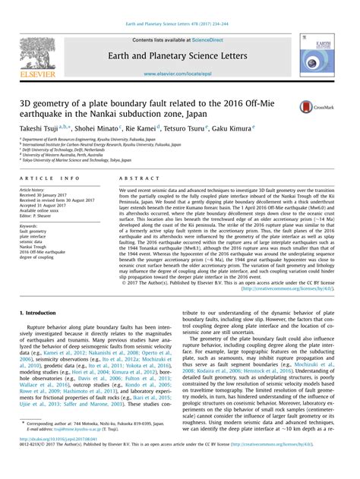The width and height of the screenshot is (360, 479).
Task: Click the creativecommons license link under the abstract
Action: pos(304,310)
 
